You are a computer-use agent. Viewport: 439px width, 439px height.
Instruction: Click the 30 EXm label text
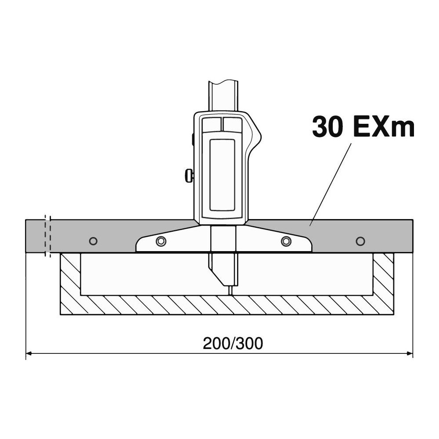(363, 127)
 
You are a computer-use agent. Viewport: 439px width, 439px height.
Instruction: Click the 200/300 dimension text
(233, 344)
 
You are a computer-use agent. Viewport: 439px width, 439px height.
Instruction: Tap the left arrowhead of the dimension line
(29, 353)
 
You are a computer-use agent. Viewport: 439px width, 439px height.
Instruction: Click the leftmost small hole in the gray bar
(93, 241)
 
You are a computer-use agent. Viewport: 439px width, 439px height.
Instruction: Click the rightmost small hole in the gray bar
(360, 241)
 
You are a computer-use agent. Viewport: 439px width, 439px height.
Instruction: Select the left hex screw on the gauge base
(161, 241)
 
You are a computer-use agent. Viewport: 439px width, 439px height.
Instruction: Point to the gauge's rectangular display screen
(222, 175)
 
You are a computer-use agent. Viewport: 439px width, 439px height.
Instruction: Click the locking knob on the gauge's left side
(189, 176)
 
